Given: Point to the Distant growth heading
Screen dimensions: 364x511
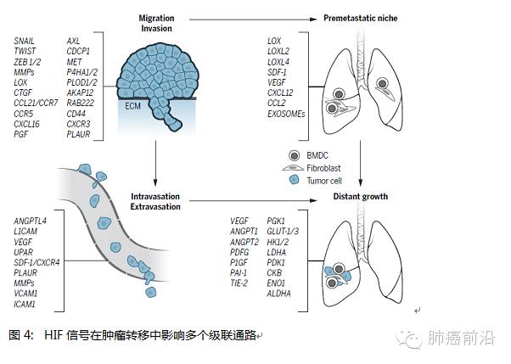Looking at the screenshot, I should [x=361, y=197].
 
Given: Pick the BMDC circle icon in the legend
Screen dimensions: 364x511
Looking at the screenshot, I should [x=293, y=156].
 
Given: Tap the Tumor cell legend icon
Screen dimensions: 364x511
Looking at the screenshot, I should [x=293, y=179].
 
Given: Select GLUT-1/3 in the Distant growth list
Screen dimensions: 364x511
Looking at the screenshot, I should [x=284, y=232].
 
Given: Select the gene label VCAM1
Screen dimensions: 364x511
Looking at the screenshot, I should [x=28, y=293].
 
